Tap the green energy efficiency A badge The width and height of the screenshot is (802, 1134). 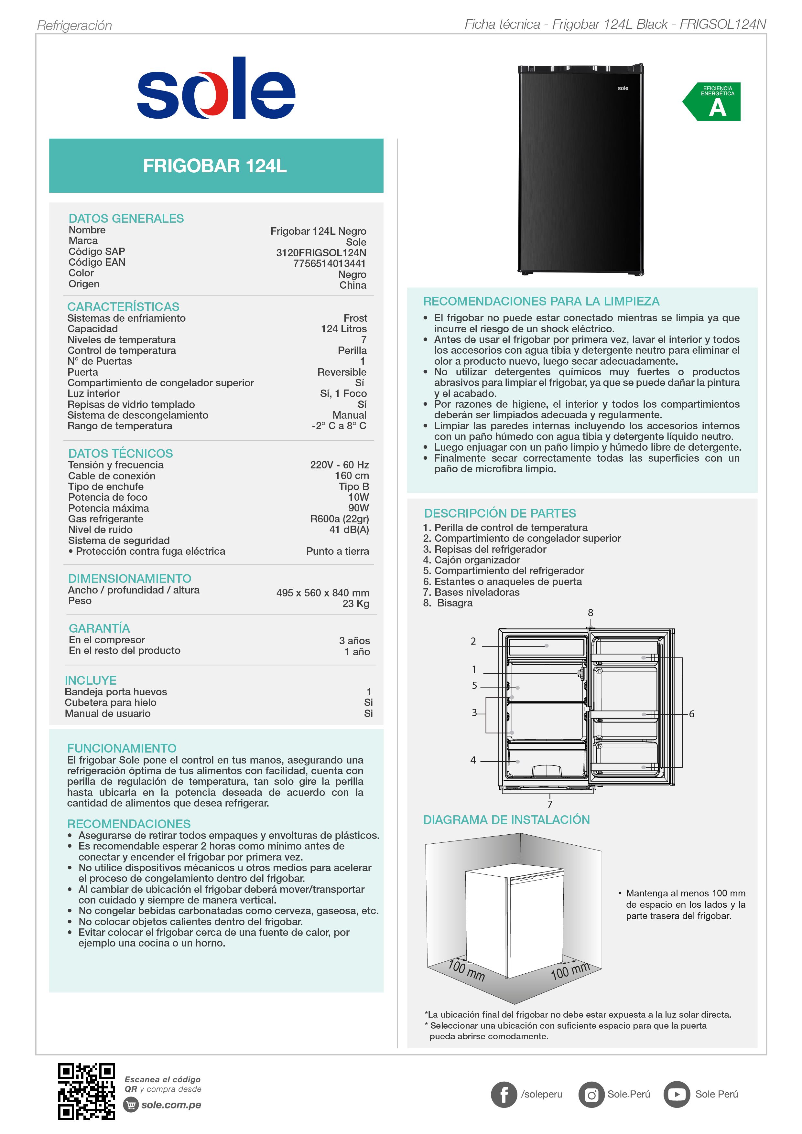(x=714, y=102)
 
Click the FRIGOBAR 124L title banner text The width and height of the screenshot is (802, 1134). (x=215, y=166)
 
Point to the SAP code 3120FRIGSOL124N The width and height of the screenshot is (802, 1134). (x=321, y=253)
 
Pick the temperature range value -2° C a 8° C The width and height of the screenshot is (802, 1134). (x=339, y=426)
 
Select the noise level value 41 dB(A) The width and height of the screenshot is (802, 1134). (x=349, y=530)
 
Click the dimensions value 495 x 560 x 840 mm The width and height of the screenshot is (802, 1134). (x=323, y=593)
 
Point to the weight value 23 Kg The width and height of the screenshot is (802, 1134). (x=356, y=604)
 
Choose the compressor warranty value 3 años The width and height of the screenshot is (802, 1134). (x=354, y=641)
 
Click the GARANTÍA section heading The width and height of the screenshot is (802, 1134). (x=99, y=628)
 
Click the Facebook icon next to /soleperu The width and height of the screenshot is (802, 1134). (x=504, y=1095)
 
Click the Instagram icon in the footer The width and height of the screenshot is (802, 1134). (x=591, y=1095)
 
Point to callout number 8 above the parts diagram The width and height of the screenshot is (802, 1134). (x=591, y=613)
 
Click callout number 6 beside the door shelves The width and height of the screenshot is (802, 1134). (x=691, y=714)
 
